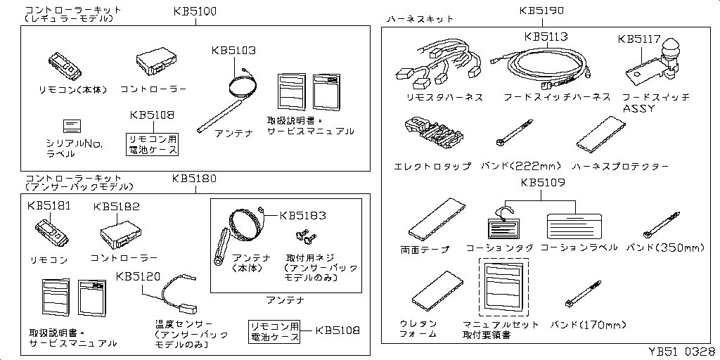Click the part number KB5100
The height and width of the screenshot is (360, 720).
click(x=195, y=13)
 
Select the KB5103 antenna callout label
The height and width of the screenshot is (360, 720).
click(x=234, y=51)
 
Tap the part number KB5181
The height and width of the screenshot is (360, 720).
click(x=49, y=207)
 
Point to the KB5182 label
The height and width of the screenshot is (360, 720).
click(x=116, y=207)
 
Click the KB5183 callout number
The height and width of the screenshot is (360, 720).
click(x=303, y=215)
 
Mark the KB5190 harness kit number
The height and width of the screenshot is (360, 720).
click(x=541, y=11)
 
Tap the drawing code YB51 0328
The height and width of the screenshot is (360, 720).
click(x=681, y=350)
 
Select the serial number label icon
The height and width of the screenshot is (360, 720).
click(x=74, y=127)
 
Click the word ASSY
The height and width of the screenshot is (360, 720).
click(x=638, y=109)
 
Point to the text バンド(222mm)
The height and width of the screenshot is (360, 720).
click(x=522, y=167)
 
